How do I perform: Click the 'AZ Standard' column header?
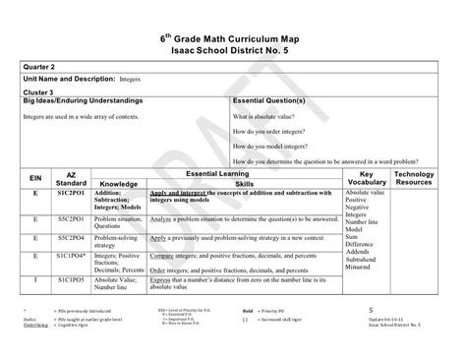pyautogui.click(x=72, y=177)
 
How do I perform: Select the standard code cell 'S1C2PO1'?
pyautogui.click(x=72, y=195)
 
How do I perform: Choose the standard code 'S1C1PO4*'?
pyautogui.click(x=72, y=256)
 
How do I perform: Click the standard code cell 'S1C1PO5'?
pyautogui.click(x=72, y=279)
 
